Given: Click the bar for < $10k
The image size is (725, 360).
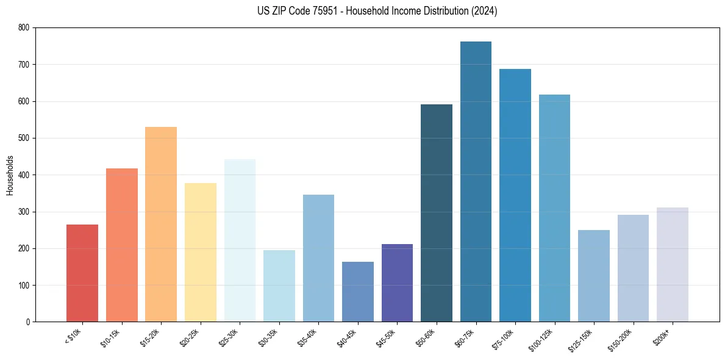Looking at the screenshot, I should coord(82,273).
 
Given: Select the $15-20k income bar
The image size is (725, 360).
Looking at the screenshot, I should coord(161,225).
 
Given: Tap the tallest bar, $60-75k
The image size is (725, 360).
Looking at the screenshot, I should coord(476,182).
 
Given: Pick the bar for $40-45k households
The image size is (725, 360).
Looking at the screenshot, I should coord(358,292).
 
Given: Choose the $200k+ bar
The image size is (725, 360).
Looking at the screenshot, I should coord(673,265).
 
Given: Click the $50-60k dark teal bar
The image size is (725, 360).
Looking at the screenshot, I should coord(437,213).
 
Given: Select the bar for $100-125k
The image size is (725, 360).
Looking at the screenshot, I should coord(554,208).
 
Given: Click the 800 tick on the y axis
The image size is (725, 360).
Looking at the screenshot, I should coord(24,27).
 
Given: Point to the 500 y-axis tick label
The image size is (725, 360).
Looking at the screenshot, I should coord(24,138).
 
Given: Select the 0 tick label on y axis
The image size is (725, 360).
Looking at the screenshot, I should coord(27,322).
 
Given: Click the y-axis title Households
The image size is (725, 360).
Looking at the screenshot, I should coord(10,175).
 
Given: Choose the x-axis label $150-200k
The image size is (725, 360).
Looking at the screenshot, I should coord(621,339).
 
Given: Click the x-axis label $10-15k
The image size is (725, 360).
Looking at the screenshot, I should coord(111,337).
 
